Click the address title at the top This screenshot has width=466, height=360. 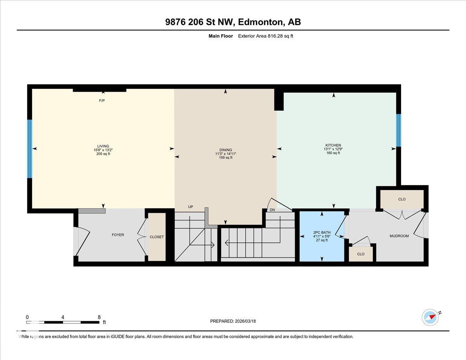click(x=233, y=22)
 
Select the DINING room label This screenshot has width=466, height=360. click(x=226, y=150)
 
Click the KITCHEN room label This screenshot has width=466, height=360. click(x=333, y=145)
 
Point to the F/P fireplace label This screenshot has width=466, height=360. click(x=102, y=101)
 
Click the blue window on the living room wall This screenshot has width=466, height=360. click(x=30, y=148)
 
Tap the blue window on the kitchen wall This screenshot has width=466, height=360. click(x=398, y=130)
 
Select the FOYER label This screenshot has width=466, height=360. click(x=118, y=235)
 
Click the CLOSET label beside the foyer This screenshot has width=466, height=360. click(x=156, y=237)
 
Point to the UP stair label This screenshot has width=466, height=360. click(x=190, y=207)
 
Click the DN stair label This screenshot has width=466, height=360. click(x=272, y=210)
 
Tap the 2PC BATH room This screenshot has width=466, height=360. click(x=322, y=237)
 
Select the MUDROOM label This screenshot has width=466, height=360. click(x=399, y=236)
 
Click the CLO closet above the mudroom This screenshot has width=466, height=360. click(x=402, y=199)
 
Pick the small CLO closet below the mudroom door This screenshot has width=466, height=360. click(x=361, y=254)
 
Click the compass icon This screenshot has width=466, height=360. click(x=430, y=317)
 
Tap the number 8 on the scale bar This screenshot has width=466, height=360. click(x=99, y=317)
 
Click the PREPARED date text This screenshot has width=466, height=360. click(x=233, y=321)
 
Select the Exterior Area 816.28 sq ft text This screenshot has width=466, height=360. click(x=268, y=36)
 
